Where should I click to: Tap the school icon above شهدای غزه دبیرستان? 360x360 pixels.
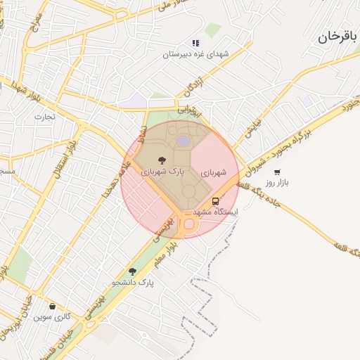(195, 44)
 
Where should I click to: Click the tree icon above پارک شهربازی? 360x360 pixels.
(162, 160)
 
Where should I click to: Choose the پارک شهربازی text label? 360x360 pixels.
(162, 171)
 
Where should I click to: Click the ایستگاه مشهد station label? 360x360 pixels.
(215, 212)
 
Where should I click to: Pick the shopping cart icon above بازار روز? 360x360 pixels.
(277, 172)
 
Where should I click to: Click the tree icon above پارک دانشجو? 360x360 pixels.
(132, 271)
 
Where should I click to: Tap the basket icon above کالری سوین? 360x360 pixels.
(53, 306)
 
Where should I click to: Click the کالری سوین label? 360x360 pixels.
(52, 317)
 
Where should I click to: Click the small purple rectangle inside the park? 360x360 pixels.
(183, 142)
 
